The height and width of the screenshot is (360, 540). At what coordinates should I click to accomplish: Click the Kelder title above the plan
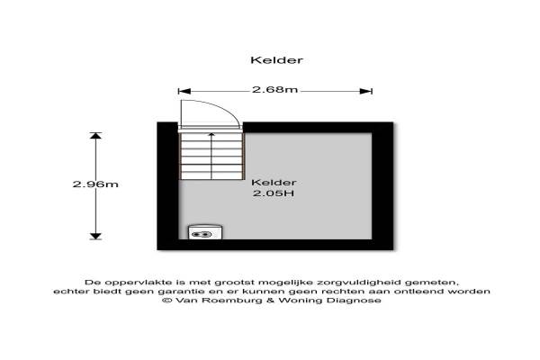276,60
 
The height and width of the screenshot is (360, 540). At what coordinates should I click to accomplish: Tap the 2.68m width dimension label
274,90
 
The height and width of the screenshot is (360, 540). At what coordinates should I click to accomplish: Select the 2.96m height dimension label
95,184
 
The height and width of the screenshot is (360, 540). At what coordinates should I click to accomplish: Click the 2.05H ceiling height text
274,193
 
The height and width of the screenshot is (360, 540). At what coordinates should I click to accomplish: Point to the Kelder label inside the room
274,183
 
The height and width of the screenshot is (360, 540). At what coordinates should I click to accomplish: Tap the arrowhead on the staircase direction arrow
211,135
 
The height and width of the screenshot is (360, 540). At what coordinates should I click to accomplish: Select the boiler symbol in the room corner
205,232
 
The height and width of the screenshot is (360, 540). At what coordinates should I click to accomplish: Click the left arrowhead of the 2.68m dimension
184,91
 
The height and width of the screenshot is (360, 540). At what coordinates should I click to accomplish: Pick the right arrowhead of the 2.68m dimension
365,91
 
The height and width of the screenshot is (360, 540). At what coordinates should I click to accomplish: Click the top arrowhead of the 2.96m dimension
95,135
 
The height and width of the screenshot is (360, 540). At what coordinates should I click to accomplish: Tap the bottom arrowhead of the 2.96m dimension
95,236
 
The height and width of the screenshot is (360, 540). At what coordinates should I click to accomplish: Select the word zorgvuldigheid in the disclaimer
359,283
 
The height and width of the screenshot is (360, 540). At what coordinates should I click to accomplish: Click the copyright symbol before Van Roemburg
167,301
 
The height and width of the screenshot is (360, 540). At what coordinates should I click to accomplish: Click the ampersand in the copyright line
270,301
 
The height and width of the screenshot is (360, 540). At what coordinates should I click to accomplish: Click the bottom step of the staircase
211,175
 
